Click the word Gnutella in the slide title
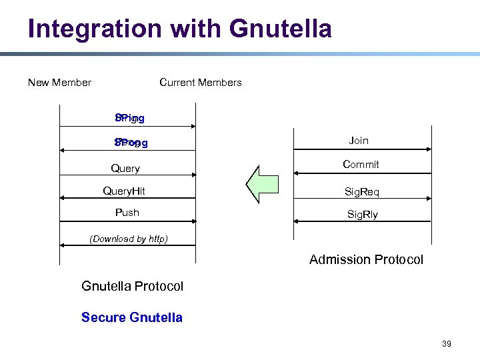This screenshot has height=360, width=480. point(280,29)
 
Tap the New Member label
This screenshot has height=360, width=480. point(59,83)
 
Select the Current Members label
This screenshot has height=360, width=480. point(201,83)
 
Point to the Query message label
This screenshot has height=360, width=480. point(125,169)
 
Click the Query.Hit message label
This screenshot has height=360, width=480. point(124,191)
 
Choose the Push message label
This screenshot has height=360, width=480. point(127,213)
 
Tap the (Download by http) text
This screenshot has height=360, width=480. point(129,239)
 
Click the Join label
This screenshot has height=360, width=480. point(359,141)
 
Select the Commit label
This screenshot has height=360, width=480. point(361,165)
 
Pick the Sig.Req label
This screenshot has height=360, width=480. point(362,192)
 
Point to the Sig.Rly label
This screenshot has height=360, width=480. point(363,215)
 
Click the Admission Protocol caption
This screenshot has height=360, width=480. point(366,260)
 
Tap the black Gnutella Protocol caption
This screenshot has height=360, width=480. point(132,287)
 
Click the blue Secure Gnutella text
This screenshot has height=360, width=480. point(131,317)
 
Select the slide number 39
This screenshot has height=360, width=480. point(446,344)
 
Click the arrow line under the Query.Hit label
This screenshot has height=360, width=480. point(127,199)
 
